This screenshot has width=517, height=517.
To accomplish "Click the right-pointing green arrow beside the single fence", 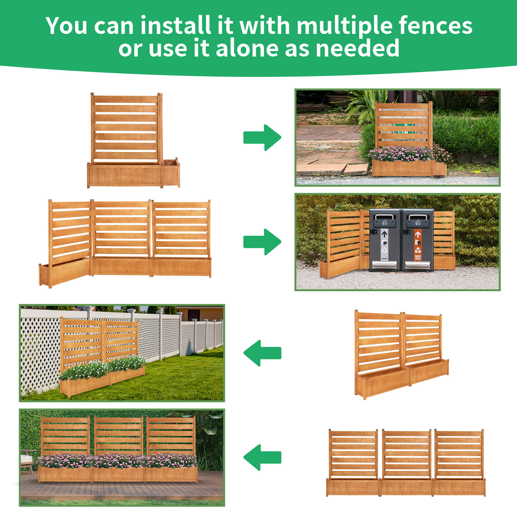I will [262, 137].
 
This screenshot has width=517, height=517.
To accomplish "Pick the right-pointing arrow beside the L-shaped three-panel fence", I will [262, 242].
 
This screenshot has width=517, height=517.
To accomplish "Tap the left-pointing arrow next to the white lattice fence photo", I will [262, 353].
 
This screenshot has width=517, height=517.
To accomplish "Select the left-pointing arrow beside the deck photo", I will [262, 457].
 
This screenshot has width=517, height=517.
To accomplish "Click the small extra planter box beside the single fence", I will [171, 173].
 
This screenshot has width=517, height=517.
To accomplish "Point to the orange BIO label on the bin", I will [418, 257].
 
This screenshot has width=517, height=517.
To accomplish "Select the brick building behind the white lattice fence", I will [200, 313].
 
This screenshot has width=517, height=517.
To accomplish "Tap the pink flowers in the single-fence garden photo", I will [404, 153].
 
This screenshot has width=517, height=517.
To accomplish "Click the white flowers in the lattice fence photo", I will [103, 368].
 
